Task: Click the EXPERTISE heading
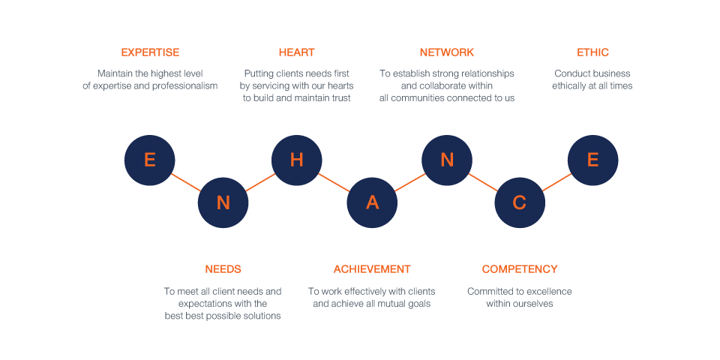point(150,52)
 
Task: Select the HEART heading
point(297,52)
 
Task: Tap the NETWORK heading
point(447,52)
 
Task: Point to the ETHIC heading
point(592,52)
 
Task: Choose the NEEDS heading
point(223,269)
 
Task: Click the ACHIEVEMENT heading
point(372,269)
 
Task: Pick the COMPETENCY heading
point(520,269)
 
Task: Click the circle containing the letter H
point(297,160)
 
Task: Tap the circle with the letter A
point(372,202)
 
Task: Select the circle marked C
point(520,202)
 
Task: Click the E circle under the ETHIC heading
point(592,160)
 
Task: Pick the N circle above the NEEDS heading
point(223,202)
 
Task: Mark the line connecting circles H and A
point(334,181)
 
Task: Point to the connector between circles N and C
point(483,181)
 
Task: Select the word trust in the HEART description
point(340,97)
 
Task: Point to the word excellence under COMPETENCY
point(550,292)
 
